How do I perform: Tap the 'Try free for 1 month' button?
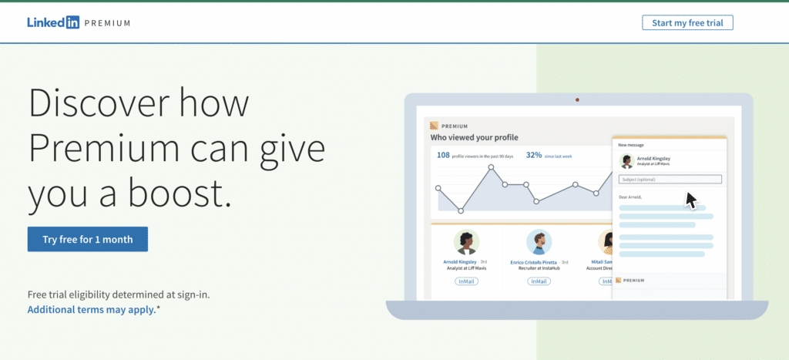coord(88,239)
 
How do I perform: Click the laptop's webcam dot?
coord(577,99)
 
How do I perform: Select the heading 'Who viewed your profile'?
coord(474,138)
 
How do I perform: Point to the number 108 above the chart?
coord(443,155)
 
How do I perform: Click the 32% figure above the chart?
coord(534,155)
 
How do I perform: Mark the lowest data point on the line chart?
coord(461,210)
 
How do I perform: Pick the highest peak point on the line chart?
coord(489,167)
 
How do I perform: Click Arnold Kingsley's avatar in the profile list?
coord(466,242)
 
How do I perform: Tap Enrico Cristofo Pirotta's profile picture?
coord(539,242)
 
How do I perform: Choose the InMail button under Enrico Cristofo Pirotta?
coord(539,281)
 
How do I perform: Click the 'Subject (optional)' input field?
coord(670,180)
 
